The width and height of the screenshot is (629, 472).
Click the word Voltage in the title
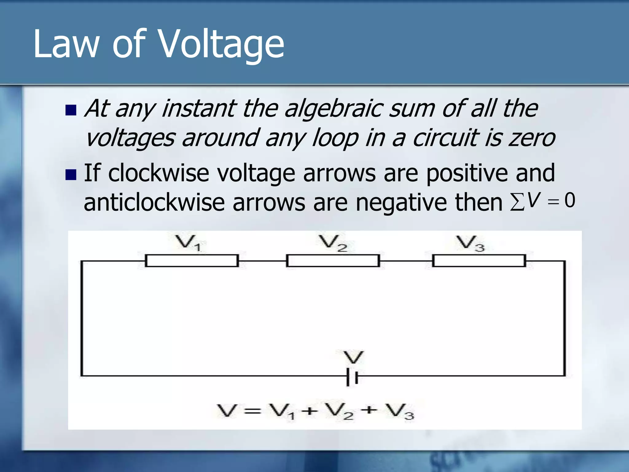tap(222, 44)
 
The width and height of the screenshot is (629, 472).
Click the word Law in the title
tap(66, 44)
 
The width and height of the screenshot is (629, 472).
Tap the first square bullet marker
tap(71, 110)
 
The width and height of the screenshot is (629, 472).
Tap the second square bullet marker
tap(71, 175)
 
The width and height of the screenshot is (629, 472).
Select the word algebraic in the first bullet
tap(334, 109)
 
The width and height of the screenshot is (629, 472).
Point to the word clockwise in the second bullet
tap(158, 173)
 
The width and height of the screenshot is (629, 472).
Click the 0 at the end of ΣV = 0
tap(570, 200)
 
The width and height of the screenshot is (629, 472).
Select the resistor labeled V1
tap(192, 261)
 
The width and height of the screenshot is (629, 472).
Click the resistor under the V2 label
tap(333, 261)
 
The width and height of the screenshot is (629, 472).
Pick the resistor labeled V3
tap(479, 261)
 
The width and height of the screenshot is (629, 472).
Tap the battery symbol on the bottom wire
tap(352, 376)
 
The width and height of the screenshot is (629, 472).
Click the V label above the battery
tap(354, 357)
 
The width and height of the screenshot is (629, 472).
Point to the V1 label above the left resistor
tap(188, 243)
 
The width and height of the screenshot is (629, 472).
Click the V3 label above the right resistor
tap(470, 243)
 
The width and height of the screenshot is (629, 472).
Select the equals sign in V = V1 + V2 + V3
tap(252, 411)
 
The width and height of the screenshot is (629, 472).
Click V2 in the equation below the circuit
tap(339, 411)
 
